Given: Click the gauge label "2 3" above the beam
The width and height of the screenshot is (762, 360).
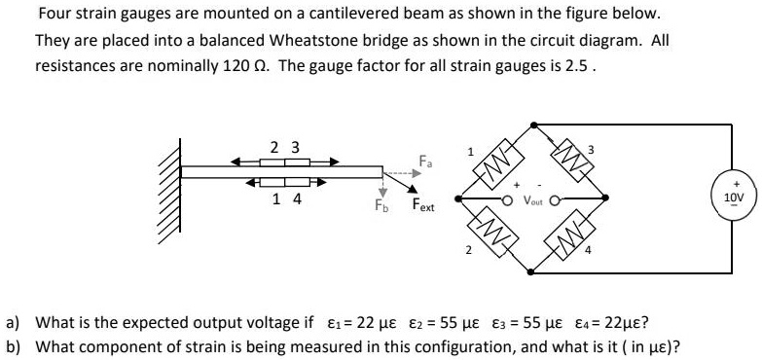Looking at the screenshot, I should click(x=284, y=147).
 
